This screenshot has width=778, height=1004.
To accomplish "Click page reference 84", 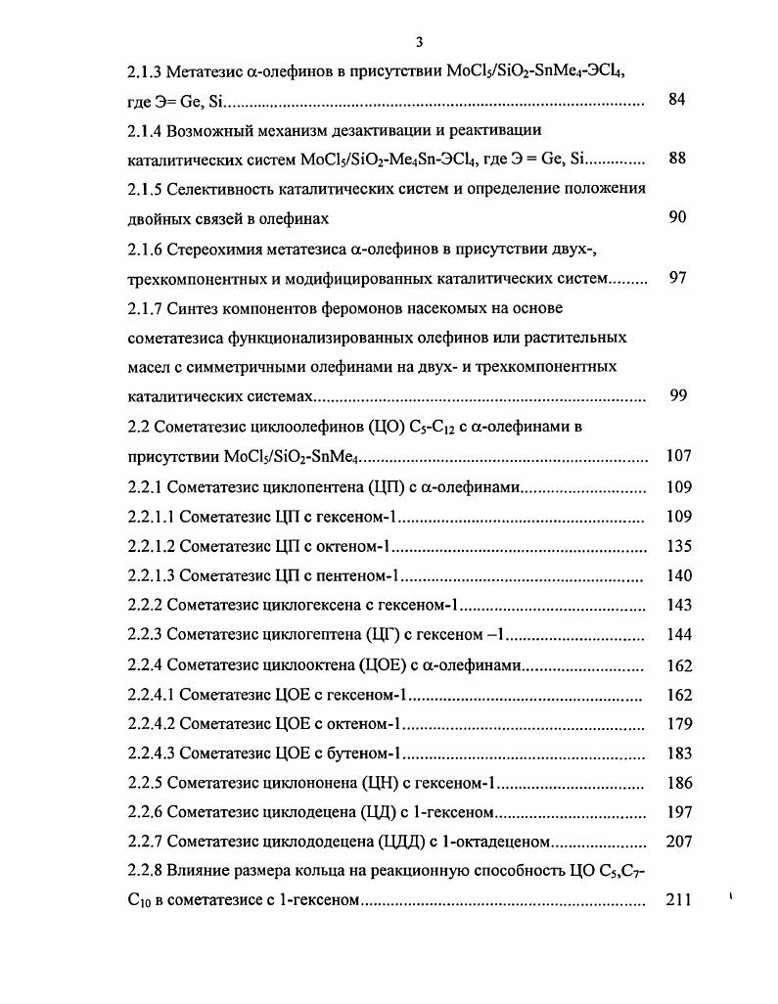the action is click(677, 100).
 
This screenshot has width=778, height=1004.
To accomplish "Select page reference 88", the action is click(677, 159).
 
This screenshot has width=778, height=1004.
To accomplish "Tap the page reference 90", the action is click(677, 217).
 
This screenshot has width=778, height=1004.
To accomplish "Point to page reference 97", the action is click(677, 278).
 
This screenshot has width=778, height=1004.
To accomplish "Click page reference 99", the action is click(677, 396).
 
